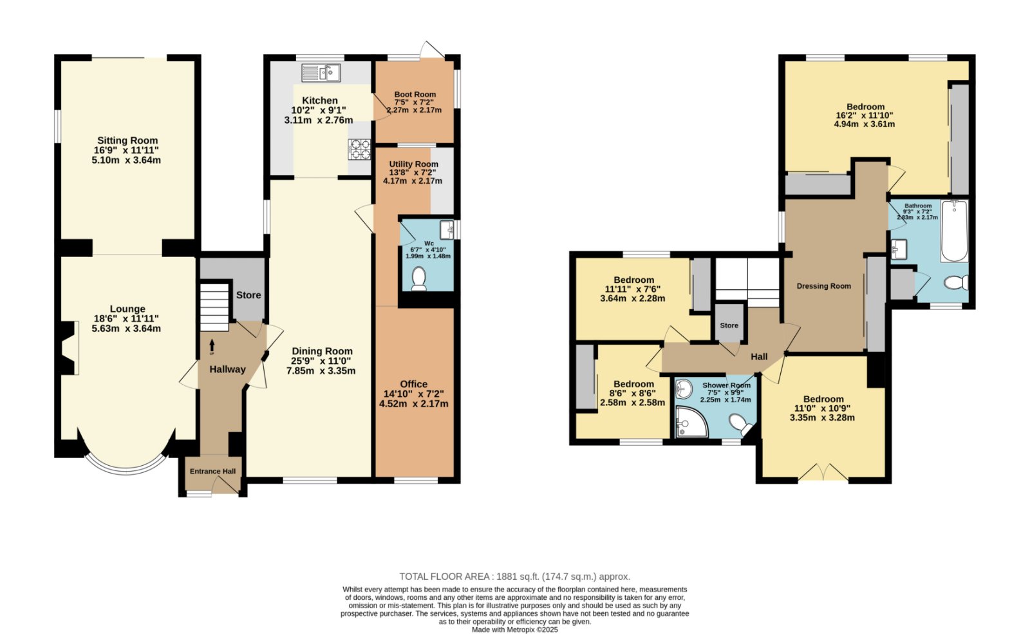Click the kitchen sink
321,73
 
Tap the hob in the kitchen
360,149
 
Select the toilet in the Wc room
419,279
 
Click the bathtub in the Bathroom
955,231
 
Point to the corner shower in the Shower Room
691,421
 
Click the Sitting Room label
127,141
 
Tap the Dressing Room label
824,286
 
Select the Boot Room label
415,94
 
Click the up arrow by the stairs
212,347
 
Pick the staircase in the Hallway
215,307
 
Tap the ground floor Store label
248,295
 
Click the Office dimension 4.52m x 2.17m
414,404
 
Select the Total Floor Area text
514,577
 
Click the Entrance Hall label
213,472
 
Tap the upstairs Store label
729,325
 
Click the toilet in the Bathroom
956,282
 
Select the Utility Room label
414,164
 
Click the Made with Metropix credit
515,630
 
